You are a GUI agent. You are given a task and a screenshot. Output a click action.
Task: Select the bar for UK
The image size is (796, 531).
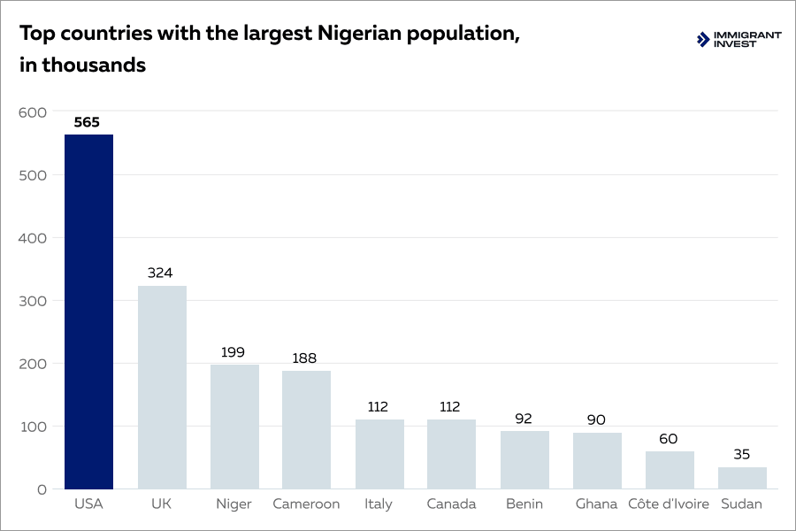(x=162, y=387)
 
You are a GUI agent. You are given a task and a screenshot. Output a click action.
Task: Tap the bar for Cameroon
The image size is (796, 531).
(x=306, y=429)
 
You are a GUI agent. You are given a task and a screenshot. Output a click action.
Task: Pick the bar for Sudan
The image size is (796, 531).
(x=742, y=478)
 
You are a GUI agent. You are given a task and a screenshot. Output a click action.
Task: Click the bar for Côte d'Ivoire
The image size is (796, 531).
(x=670, y=470)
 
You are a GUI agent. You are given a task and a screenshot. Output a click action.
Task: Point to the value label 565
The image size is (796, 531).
(x=87, y=122)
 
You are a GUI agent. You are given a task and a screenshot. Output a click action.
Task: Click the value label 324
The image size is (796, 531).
(x=160, y=273)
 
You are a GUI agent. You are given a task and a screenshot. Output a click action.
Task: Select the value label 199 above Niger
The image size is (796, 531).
(x=233, y=352)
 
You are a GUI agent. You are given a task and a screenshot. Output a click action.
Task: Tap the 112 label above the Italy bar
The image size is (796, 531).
(x=378, y=407)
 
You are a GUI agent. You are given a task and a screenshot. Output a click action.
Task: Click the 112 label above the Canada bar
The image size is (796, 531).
(x=450, y=407)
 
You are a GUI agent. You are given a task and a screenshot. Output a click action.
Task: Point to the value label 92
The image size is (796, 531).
(x=524, y=419)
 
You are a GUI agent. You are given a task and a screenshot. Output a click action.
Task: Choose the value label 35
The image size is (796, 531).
(x=741, y=455)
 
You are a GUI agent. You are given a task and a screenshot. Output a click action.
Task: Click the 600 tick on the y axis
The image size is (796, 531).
(x=32, y=112)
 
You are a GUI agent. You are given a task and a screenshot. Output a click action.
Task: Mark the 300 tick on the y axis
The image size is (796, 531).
(x=32, y=301)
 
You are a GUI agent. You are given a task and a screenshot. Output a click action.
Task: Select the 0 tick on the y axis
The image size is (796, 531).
(x=41, y=489)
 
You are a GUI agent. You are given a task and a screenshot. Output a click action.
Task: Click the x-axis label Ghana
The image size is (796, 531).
(x=596, y=504)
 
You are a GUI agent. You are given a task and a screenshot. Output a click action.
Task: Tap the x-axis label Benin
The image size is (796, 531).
(x=524, y=504)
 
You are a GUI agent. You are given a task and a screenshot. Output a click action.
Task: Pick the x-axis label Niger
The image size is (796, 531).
(x=233, y=504)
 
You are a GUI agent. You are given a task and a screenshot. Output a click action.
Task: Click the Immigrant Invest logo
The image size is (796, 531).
(x=739, y=39)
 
